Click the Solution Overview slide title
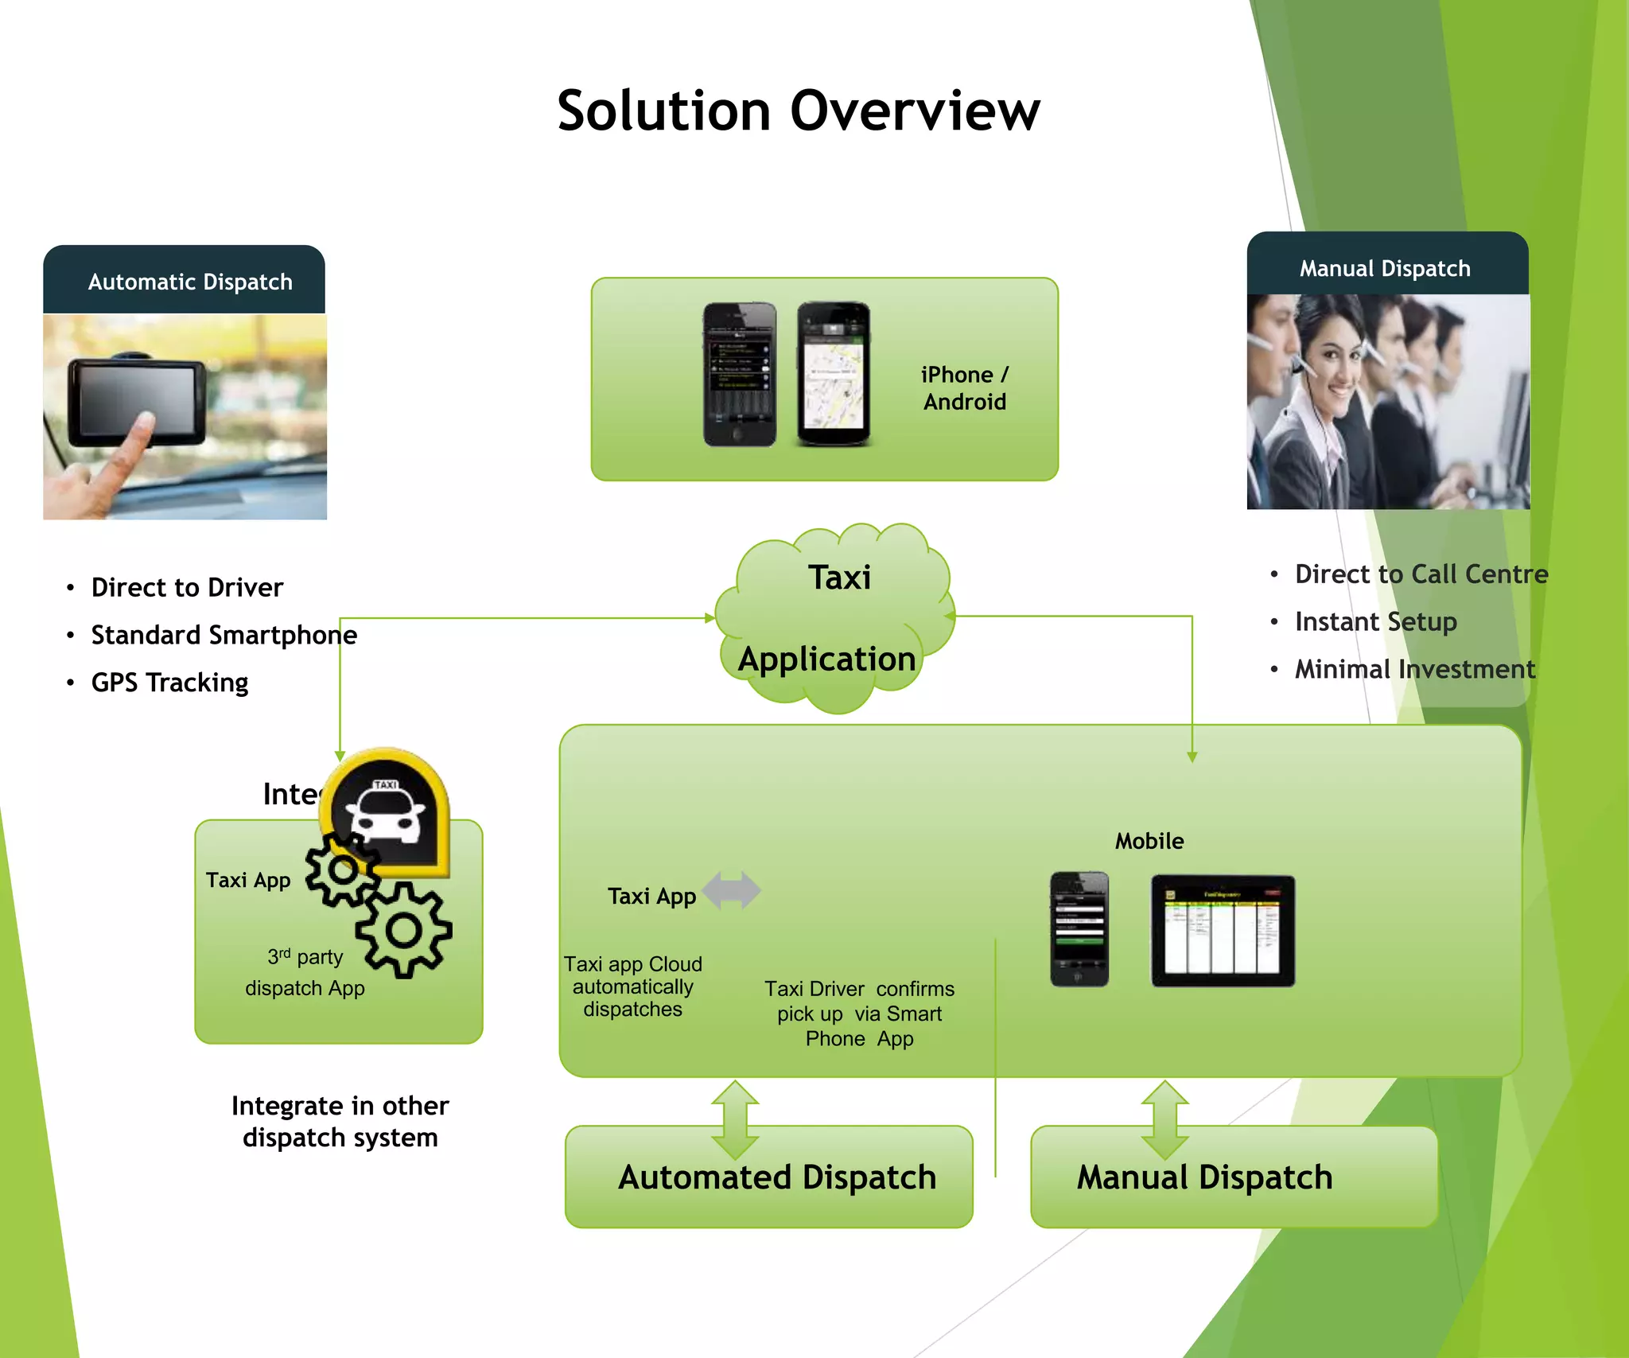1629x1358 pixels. coord(798,111)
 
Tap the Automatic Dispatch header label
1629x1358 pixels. coord(190,282)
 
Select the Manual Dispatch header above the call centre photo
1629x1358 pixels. coord(1385,268)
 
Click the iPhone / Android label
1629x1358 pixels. coord(964,388)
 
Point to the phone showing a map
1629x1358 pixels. coord(833,374)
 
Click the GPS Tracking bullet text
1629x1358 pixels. coord(169,683)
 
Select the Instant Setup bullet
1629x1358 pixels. coord(1375,621)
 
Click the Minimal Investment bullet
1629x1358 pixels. coord(1414,669)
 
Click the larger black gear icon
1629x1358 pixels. coord(404,930)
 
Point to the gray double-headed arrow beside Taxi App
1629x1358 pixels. coord(732,890)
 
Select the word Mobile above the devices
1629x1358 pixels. coord(1149,841)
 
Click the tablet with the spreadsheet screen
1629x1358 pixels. coord(1223,931)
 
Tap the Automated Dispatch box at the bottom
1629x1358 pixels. coord(769,1177)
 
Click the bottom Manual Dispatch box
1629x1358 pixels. coord(1233,1177)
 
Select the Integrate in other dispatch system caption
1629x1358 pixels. coord(340,1122)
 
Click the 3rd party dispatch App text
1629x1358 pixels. coord(305,972)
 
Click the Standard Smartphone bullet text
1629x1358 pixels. coord(224,635)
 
